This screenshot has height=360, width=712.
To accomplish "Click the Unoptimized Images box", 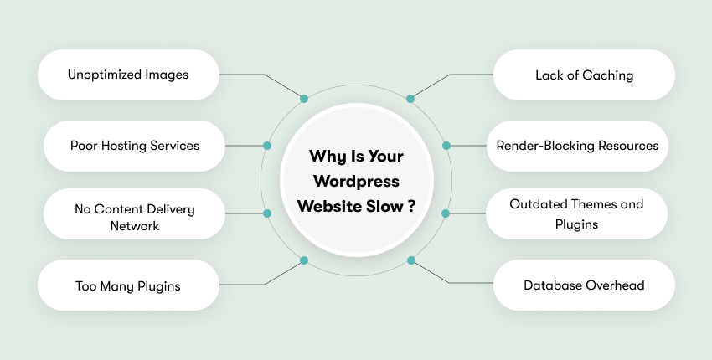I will click(x=128, y=75).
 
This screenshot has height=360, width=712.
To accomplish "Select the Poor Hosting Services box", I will click(x=134, y=146).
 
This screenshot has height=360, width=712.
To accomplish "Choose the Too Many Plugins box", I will click(x=128, y=285).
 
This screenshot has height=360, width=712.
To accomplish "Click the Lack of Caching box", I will click(x=584, y=75).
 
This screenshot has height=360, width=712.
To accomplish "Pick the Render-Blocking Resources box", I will click(x=578, y=146).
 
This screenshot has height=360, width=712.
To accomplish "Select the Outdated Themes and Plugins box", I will click(x=577, y=214).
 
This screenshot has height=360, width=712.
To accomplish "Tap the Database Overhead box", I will click(x=584, y=285).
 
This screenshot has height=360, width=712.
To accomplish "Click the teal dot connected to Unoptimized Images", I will click(x=304, y=99).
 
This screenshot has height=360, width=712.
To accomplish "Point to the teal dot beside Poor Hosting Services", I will click(x=267, y=146).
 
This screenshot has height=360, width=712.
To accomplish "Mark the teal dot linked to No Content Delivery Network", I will click(x=267, y=213).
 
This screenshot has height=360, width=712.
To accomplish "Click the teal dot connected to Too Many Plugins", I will click(x=304, y=260).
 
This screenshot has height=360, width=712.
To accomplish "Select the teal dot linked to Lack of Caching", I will click(x=410, y=99).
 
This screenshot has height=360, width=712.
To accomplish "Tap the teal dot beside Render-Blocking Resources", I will click(x=446, y=146).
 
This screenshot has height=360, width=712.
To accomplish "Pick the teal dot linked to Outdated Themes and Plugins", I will click(x=446, y=213).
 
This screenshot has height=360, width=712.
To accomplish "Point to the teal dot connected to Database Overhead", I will click(x=410, y=260).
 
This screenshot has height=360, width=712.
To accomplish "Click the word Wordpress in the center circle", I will click(x=356, y=180).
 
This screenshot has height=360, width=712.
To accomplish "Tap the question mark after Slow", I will click(x=412, y=205).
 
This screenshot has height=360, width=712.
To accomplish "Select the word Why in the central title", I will click(x=326, y=156).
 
